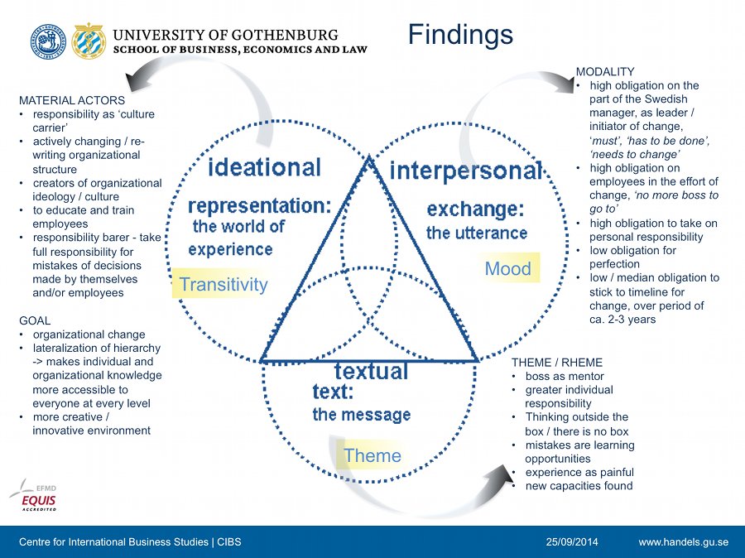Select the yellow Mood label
(508, 268)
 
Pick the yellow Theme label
(372, 455)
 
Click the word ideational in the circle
(265, 167)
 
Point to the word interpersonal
(465, 171)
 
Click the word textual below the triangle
(371, 371)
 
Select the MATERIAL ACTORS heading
(72, 100)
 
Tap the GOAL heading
(35, 320)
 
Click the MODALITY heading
(605, 72)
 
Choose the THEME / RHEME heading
(557, 363)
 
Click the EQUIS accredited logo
(34, 496)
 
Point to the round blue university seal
(49, 42)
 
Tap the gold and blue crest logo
(89, 41)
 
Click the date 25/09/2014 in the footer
(572, 541)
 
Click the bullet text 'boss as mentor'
(565, 376)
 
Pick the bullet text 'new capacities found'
(579, 486)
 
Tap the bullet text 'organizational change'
(89, 334)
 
